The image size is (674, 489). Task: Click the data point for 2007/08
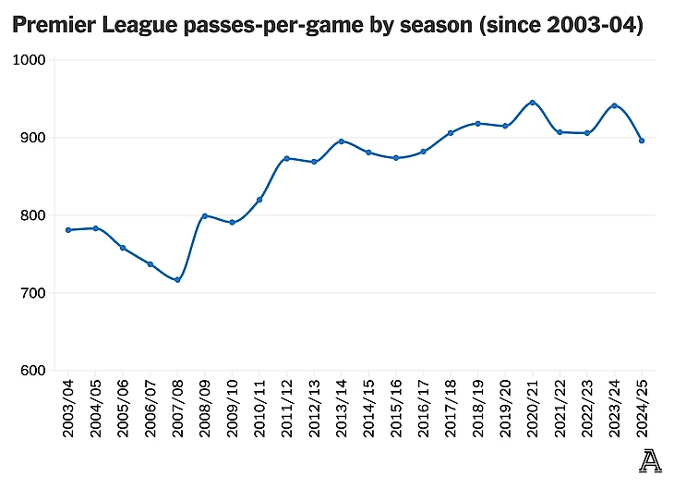[x=177, y=280]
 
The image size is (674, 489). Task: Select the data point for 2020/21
[x=533, y=103]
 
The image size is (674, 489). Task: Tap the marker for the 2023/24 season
[x=614, y=105]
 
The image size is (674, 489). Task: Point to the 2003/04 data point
[x=68, y=230]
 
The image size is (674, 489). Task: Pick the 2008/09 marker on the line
[x=204, y=215]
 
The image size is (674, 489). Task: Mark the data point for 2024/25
[x=642, y=141]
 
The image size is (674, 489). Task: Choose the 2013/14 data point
[x=341, y=141]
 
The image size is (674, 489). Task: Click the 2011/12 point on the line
[x=286, y=158]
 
